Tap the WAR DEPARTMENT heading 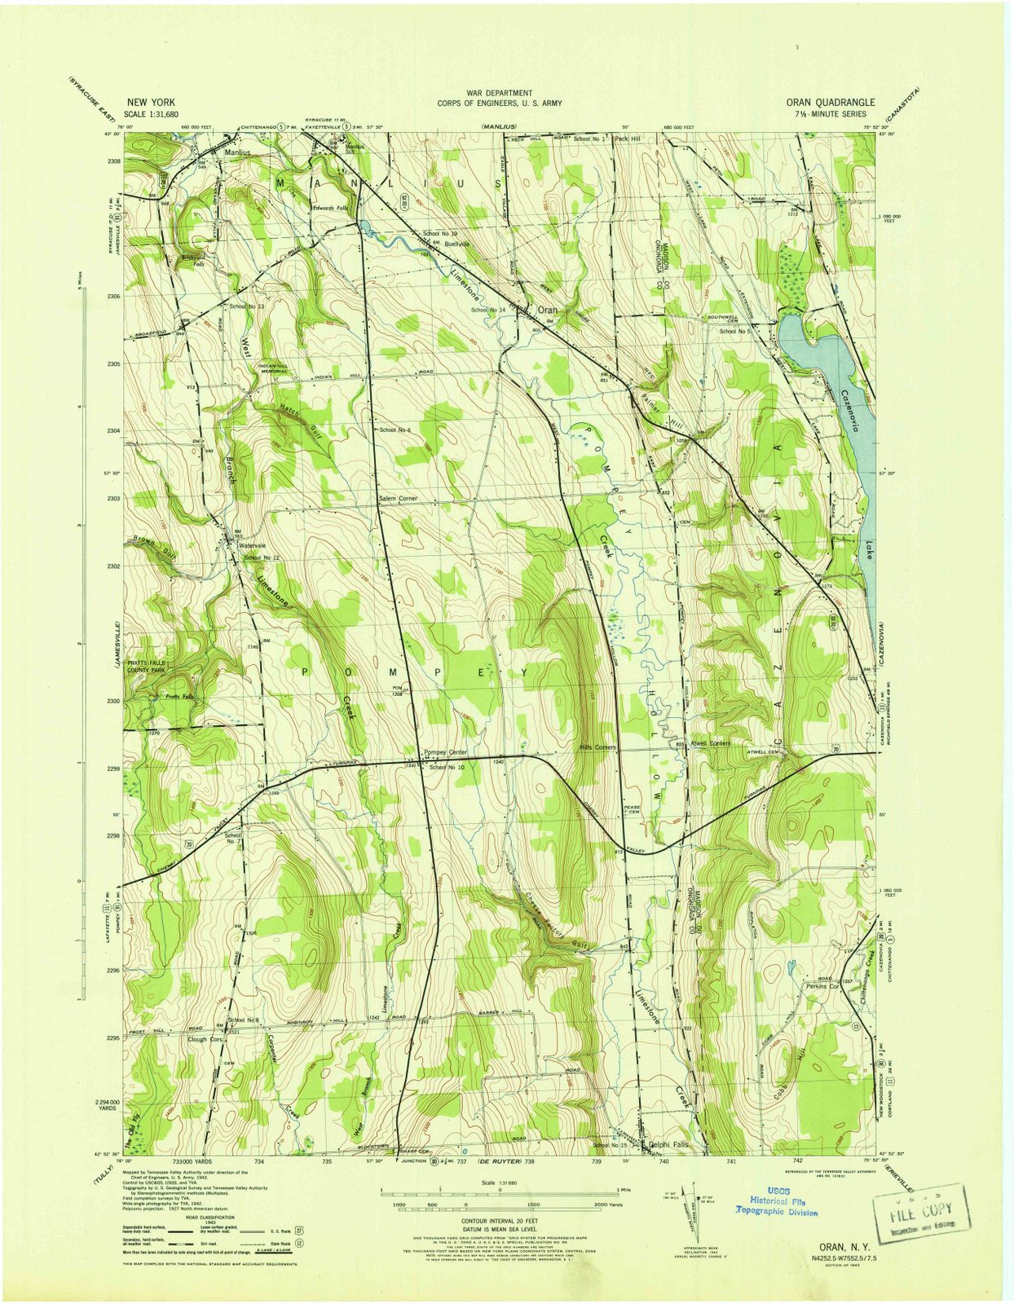[x=499, y=94]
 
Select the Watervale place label [x=253, y=545]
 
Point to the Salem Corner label [x=398, y=497]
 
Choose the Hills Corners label [x=597, y=747]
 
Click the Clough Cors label [x=205, y=1040]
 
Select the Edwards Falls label [x=330, y=208]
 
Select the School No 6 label [x=396, y=430]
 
